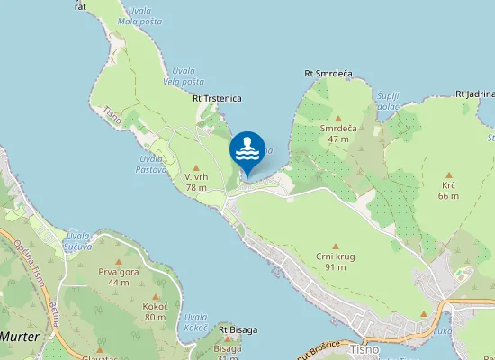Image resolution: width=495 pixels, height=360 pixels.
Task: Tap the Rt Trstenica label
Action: click(217, 99)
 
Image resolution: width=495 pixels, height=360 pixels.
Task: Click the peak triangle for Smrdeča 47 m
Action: click(338, 118)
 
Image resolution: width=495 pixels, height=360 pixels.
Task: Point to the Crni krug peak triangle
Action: click(336, 246)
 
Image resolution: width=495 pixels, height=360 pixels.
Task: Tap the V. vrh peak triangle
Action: click(196, 167)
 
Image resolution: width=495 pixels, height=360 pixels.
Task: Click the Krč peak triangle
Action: click(448, 175)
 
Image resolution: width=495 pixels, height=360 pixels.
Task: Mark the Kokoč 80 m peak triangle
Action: click(155, 296)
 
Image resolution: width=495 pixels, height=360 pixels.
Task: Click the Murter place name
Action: click(20, 335)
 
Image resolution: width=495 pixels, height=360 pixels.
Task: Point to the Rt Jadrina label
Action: click(475, 94)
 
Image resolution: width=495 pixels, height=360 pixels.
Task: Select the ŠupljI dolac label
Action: click(388, 100)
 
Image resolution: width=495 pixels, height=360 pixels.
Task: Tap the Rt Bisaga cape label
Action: click(238, 329)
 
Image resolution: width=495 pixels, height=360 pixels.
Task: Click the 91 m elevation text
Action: click(336, 266)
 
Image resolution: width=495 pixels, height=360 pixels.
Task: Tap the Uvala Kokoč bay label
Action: click(195, 322)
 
